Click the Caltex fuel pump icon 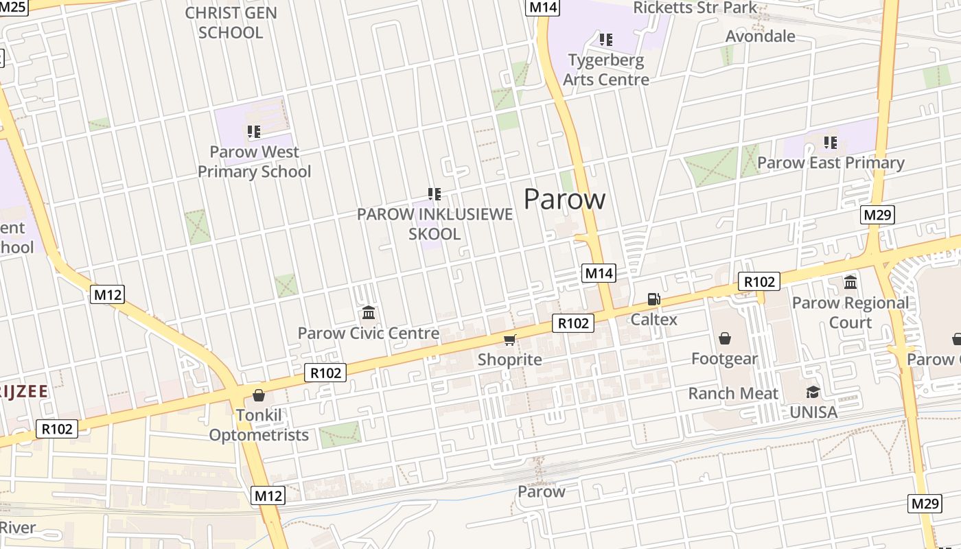tap(653, 299)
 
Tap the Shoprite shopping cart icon tap(509, 340)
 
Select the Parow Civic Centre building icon tap(369, 313)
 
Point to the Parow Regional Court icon tap(850, 282)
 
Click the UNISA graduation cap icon tap(813, 392)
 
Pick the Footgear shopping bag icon tap(724, 338)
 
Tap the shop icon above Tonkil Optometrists tap(259, 395)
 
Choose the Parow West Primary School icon tap(254, 131)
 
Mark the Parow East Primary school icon tap(831, 143)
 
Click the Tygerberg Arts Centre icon tap(605, 40)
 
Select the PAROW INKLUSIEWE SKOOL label tap(435, 224)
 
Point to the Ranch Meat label tap(733, 393)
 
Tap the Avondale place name tap(761, 36)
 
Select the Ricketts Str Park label tap(695, 8)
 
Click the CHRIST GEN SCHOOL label tap(231, 23)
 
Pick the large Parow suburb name tap(564, 199)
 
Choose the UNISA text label tap(813, 412)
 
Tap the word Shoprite tap(509, 359)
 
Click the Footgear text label tap(724, 358)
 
